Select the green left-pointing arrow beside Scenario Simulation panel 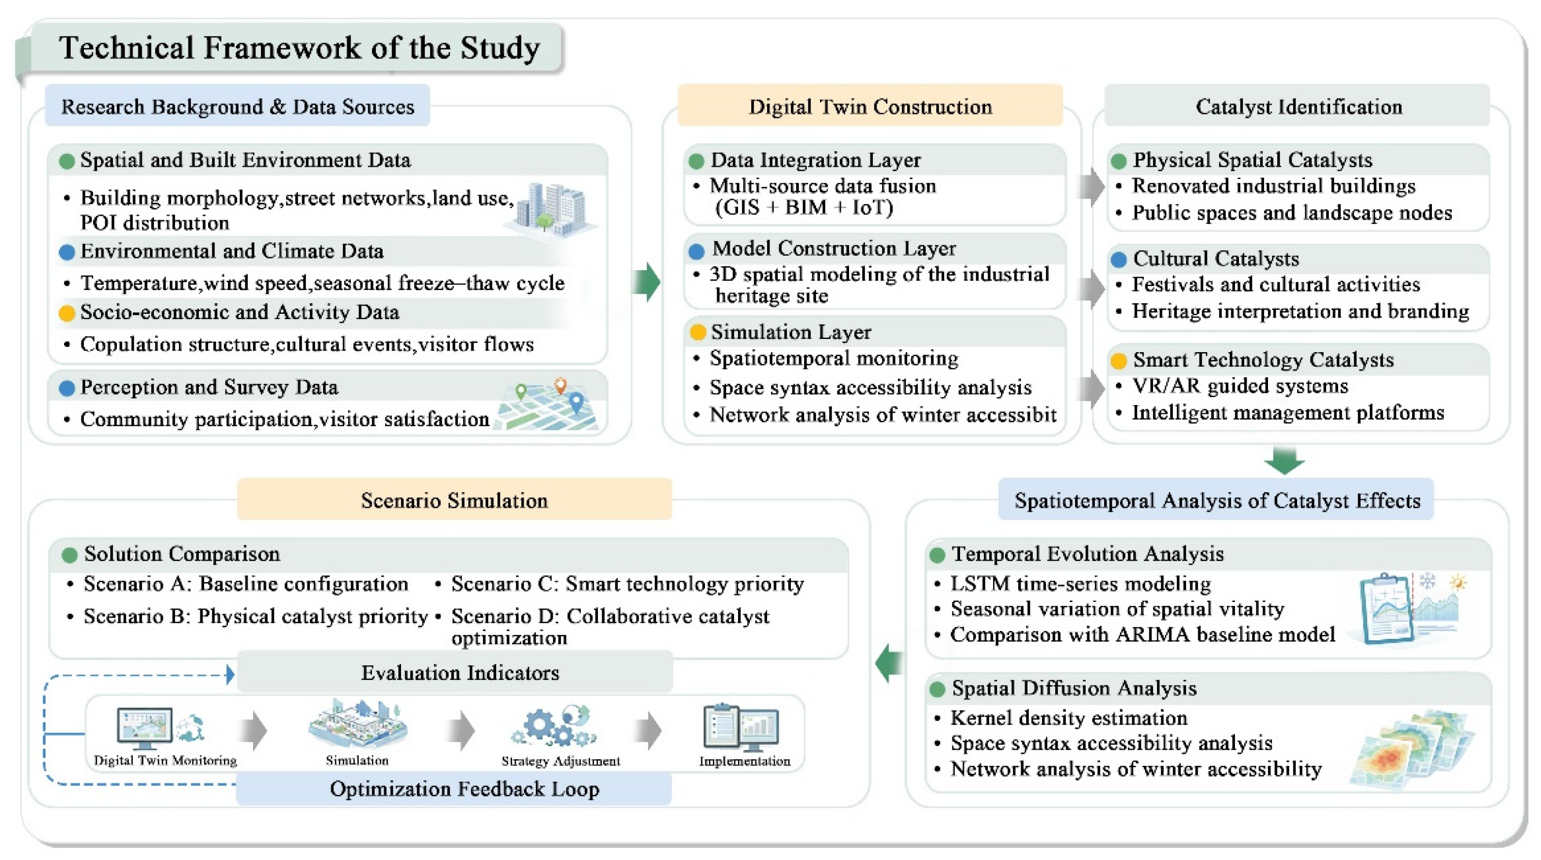pyautogui.click(x=890, y=662)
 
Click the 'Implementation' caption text pyautogui.click(x=744, y=761)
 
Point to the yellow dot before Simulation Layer pyautogui.click(x=697, y=332)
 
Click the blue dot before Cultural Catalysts pyautogui.click(x=1118, y=259)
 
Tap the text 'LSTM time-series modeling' pyautogui.click(x=1080, y=583)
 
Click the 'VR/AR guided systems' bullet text pyautogui.click(x=1239, y=386)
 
